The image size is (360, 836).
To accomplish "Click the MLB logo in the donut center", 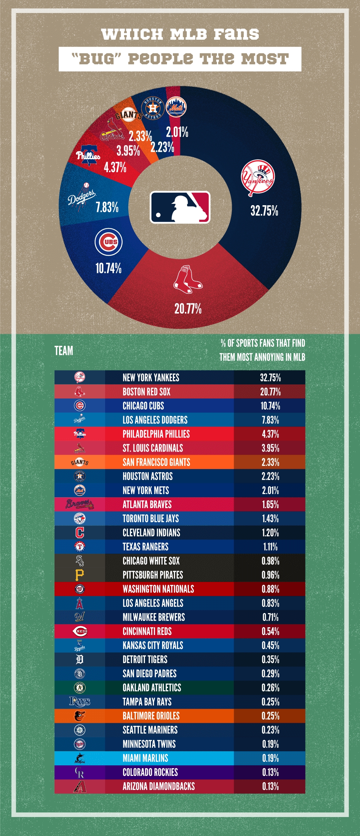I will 180,207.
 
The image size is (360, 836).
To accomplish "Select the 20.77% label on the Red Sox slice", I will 188,309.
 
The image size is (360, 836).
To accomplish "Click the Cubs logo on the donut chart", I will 109,242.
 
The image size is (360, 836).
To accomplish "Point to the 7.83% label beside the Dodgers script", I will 107,207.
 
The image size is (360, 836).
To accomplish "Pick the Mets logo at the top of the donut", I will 176,107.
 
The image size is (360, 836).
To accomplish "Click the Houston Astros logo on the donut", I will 153,108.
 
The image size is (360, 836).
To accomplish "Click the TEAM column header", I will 64,351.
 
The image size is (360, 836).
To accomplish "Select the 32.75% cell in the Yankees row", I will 270,378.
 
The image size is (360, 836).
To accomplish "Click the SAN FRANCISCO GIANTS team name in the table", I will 156,462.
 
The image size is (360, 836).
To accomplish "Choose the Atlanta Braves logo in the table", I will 79,504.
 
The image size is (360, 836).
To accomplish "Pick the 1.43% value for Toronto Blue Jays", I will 270,519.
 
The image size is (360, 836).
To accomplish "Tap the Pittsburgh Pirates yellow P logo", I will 79,575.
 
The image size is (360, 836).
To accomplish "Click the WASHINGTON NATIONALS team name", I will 158,589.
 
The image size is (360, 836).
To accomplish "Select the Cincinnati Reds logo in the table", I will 80,631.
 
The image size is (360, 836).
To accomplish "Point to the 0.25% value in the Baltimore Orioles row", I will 270,716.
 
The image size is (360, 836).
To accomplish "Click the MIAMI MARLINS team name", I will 145,758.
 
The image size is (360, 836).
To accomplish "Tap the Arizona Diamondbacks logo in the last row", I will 80,786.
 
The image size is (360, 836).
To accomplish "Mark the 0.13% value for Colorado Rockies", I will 270,772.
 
